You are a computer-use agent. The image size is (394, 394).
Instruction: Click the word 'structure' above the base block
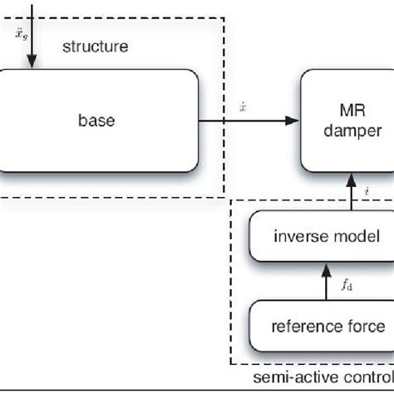pyautogui.click(x=96, y=47)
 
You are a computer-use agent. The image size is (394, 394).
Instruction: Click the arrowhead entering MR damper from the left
pyautogui.click(x=292, y=121)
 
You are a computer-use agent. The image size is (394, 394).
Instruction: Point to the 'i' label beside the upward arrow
pyautogui.click(x=367, y=192)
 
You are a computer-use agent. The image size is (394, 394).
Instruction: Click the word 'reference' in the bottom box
pyautogui.click(x=302, y=326)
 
